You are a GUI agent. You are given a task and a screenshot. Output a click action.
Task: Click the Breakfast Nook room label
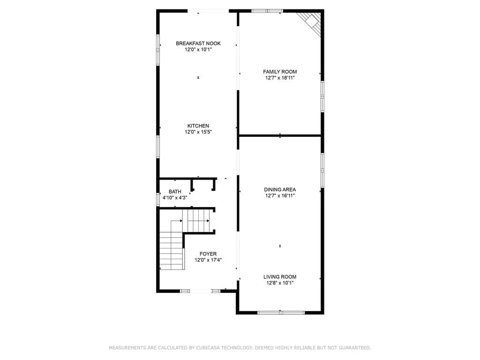click(198, 44)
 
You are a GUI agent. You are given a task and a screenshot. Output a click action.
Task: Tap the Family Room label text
click(280, 72)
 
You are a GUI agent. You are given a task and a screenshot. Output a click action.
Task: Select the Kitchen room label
click(198, 126)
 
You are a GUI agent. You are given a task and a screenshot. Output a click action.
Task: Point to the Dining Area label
click(280, 189)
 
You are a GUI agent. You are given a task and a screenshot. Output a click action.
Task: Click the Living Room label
click(280, 277)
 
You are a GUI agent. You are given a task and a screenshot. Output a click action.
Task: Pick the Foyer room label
click(208, 254)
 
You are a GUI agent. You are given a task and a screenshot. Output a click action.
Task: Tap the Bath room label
click(175, 192)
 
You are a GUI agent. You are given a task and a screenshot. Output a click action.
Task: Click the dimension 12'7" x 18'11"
click(280, 78)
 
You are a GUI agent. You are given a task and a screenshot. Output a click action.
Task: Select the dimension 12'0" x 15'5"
click(198, 132)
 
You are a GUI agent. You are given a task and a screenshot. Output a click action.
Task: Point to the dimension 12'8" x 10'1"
click(280, 283)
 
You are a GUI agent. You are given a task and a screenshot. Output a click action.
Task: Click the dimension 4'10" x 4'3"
click(175, 198)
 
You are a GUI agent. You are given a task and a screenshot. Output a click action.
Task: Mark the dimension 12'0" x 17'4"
click(208, 260)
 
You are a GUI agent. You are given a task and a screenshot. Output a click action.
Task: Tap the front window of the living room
click(281, 313)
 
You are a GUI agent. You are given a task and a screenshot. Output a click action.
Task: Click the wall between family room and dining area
click(280, 135)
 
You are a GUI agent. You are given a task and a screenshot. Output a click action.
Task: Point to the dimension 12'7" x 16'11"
click(280, 195)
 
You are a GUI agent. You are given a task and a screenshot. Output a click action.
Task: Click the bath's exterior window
click(158, 199)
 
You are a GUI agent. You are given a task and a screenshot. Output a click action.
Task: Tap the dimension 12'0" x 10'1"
click(198, 50)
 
